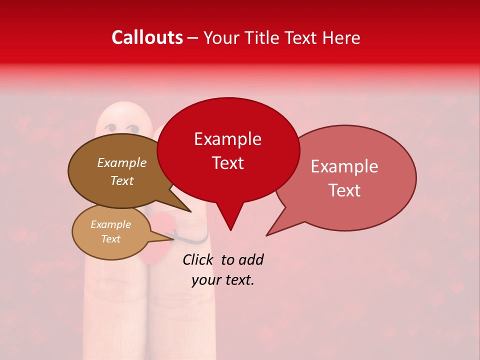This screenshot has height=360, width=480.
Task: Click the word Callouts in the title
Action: click(x=147, y=37)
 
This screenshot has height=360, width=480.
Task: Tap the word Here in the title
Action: click(x=340, y=37)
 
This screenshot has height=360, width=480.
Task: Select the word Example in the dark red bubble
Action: click(x=227, y=139)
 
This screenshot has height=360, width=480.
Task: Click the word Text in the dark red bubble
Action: click(x=227, y=163)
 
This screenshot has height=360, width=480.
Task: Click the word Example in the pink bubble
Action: click(x=344, y=166)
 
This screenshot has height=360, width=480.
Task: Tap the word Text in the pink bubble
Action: click(x=344, y=190)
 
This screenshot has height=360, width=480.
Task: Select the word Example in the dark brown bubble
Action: click(x=121, y=163)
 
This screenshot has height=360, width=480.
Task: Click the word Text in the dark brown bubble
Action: click(x=121, y=180)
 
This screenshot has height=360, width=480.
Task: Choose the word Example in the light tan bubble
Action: click(x=110, y=224)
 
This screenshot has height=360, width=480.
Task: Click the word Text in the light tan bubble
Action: click(x=110, y=239)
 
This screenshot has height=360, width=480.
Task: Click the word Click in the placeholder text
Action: click(x=198, y=259)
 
